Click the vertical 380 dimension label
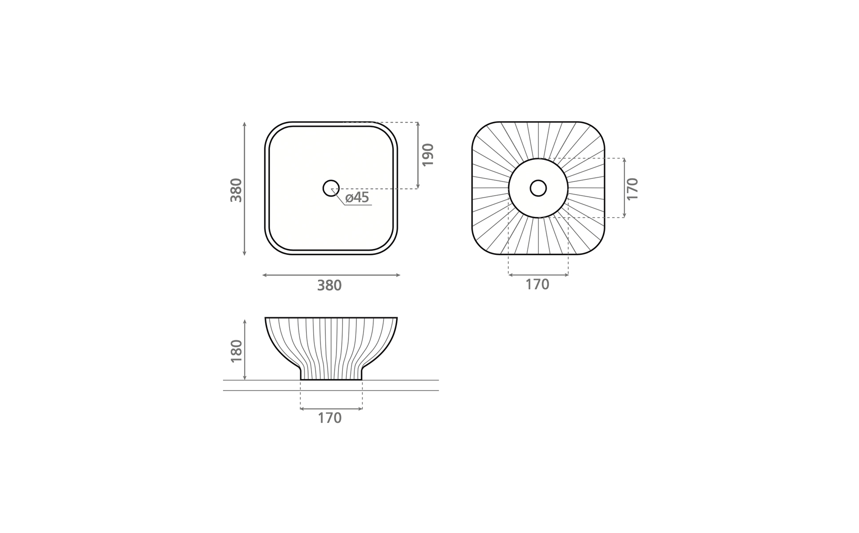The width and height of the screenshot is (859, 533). tap(236, 190)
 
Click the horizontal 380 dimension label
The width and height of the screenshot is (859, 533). tap(329, 286)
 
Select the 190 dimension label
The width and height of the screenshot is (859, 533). tap(427, 155)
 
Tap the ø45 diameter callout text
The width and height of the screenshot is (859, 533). tap(357, 198)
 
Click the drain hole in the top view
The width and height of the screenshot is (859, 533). tap(331, 188)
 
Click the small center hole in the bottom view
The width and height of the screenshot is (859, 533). tap(538, 188)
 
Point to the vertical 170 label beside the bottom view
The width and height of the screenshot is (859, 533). tap(632, 189)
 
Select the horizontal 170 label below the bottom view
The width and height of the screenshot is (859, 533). tap(537, 285)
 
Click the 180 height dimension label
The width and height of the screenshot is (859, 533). tap(236, 351)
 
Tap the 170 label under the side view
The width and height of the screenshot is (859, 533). tap(330, 418)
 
